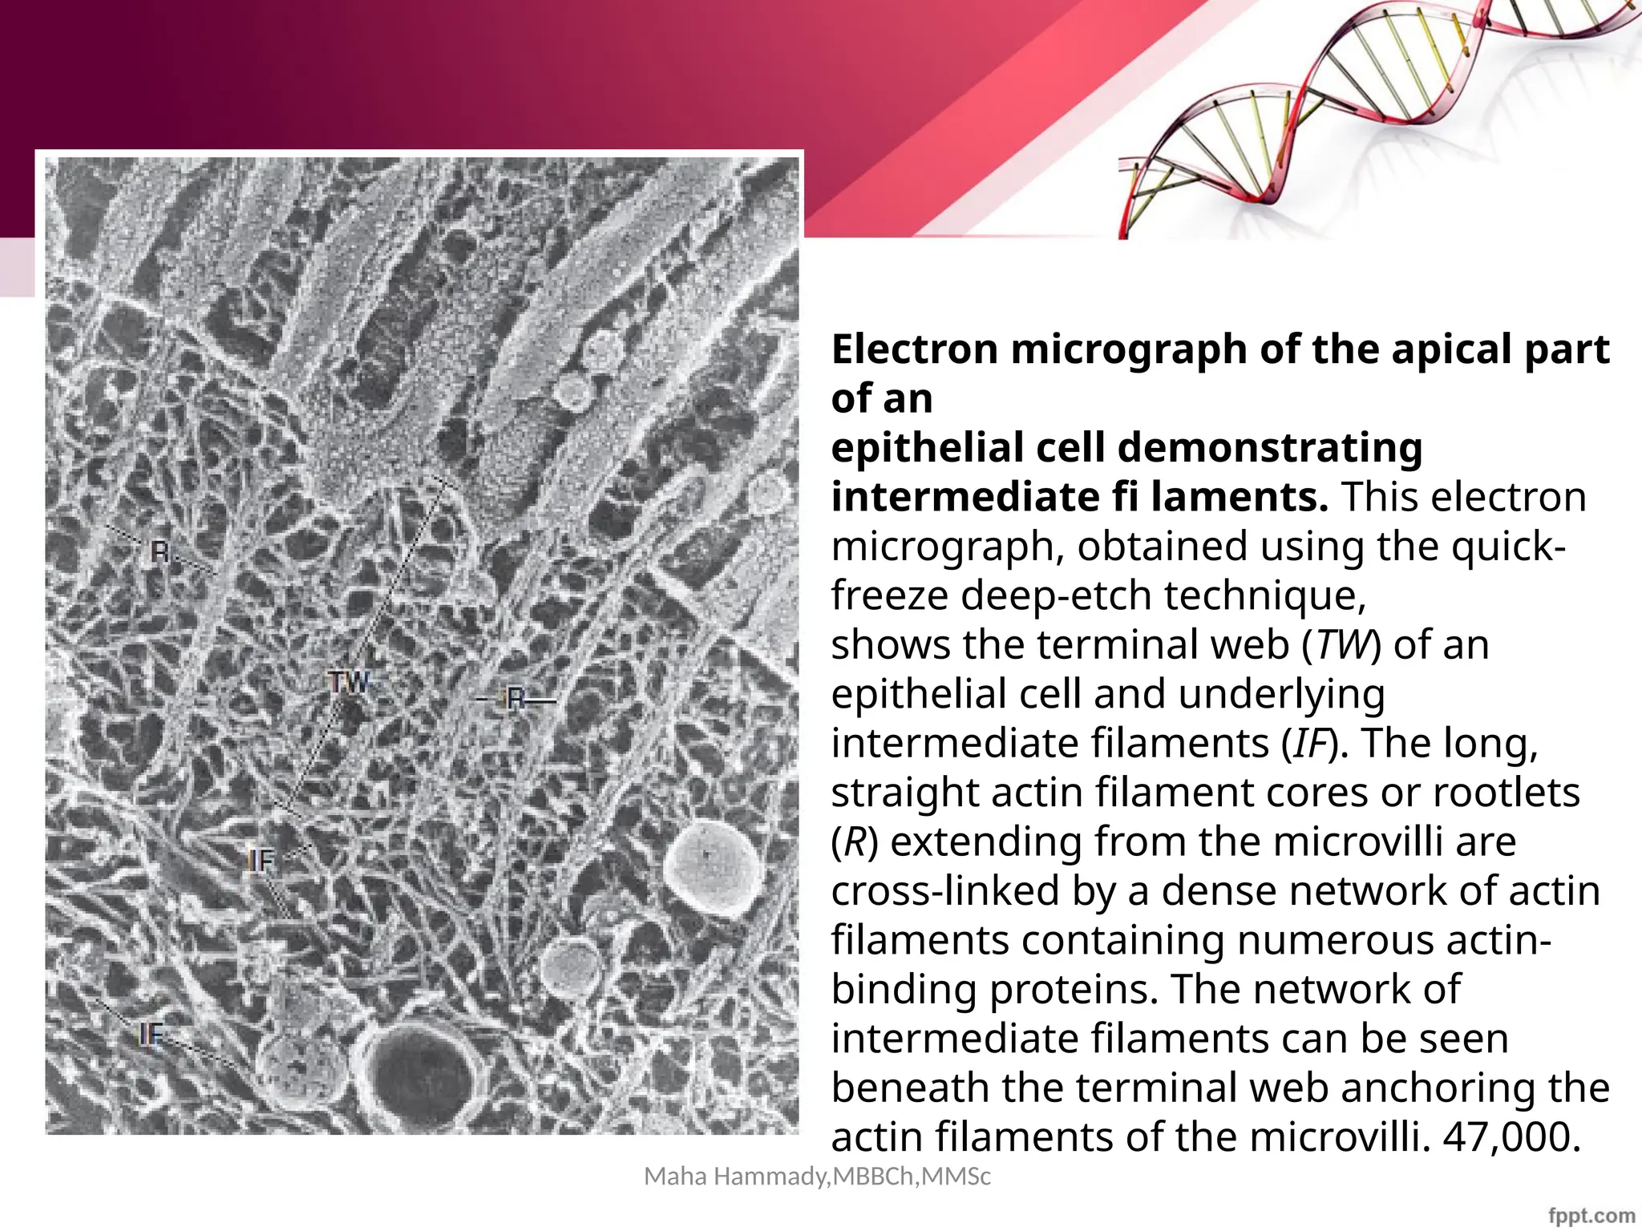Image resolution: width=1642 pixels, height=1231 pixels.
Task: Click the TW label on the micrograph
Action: (350, 683)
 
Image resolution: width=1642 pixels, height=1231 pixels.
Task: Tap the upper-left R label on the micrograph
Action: (160, 552)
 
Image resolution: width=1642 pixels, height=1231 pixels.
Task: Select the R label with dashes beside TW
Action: (516, 700)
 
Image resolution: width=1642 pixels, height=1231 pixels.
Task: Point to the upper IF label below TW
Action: (261, 862)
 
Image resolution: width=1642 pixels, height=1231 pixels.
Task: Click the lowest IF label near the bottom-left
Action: (152, 1035)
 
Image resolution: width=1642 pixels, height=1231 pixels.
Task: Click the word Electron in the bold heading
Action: (915, 349)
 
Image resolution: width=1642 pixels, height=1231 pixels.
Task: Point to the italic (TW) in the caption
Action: (1337, 645)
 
